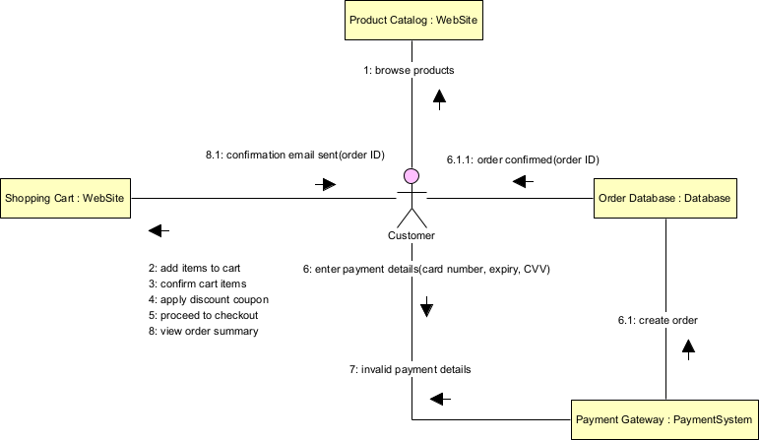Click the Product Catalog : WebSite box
[413, 20]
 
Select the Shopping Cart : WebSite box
[65, 198]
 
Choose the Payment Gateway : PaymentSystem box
[664, 419]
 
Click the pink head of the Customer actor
[411, 177]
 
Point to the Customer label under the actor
[411, 236]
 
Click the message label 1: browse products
[409, 71]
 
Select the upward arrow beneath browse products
[439, 95]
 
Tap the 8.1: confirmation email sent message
[294, 156]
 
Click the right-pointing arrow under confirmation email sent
[326, 184]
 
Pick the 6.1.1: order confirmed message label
[523, 159]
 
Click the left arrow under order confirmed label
[523, 181]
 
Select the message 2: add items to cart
[194, 268]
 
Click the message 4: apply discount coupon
[208, 299]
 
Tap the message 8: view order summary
[203, 331]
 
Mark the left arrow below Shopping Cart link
[158, 231]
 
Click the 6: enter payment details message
[425, 269]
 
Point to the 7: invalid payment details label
[409, 370]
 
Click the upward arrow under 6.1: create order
[689, 346]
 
